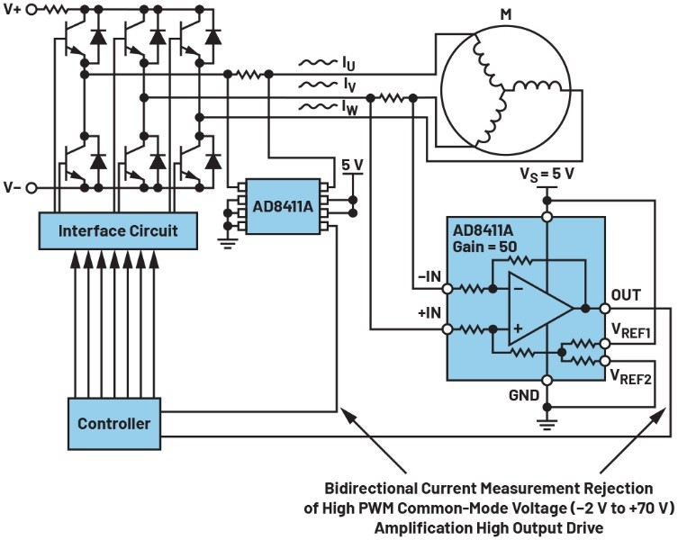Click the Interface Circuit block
point(117,231)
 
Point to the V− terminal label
point(13,187)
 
